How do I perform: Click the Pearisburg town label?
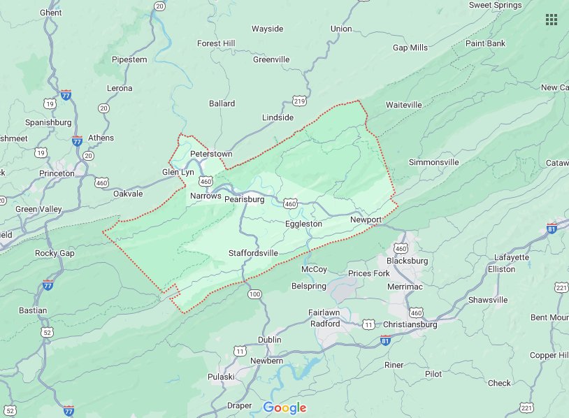[244, 199]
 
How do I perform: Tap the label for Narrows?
[206, 196]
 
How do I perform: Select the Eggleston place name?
[303, 224]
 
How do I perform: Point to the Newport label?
[366, 219]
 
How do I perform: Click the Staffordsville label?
[253, 252]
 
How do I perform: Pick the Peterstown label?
[210, 153]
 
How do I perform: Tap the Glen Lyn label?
[178, 172]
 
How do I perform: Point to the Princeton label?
[57, 173]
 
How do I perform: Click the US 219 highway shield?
[300, 101]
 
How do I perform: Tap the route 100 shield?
[254, 294]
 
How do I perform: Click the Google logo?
[284, 408]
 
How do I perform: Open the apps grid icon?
[552, 20]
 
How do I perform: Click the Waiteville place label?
[404, 105]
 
